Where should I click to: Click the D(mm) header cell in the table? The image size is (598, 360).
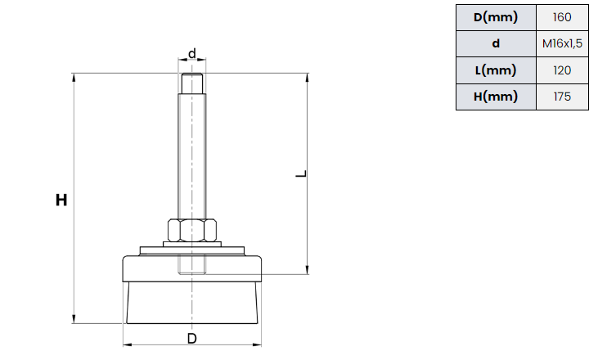point(496,17)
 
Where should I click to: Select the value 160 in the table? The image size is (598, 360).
point(562,17)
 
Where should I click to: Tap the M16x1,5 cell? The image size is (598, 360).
point(562,44)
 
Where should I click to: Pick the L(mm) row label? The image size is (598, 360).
point(496,70)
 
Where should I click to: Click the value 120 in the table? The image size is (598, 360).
point(562,70)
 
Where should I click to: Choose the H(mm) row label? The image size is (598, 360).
point(496,97)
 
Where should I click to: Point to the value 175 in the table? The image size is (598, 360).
point(562,97)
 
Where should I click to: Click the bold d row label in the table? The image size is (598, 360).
point(496,43)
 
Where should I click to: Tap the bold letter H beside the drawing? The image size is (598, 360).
point(61,200)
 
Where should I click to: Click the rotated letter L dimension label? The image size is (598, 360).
point(301,174)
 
